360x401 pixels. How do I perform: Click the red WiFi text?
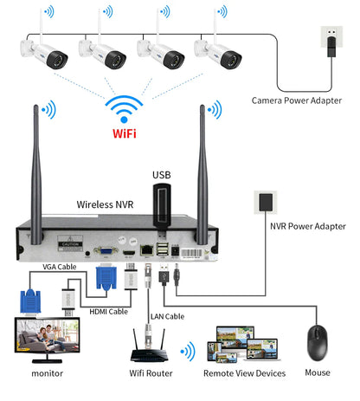(124, 134)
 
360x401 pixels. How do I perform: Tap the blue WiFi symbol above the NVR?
(124, 109)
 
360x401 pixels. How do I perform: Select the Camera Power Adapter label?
(296, 100)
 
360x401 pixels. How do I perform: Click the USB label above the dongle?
(162, 174)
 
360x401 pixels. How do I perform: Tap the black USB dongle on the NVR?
(162, 212)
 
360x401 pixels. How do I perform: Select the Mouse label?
(317, 373)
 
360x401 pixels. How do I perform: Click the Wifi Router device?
(147, 346)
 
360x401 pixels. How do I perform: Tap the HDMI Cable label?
(109, 311)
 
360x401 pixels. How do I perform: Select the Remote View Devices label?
(244, 373)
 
